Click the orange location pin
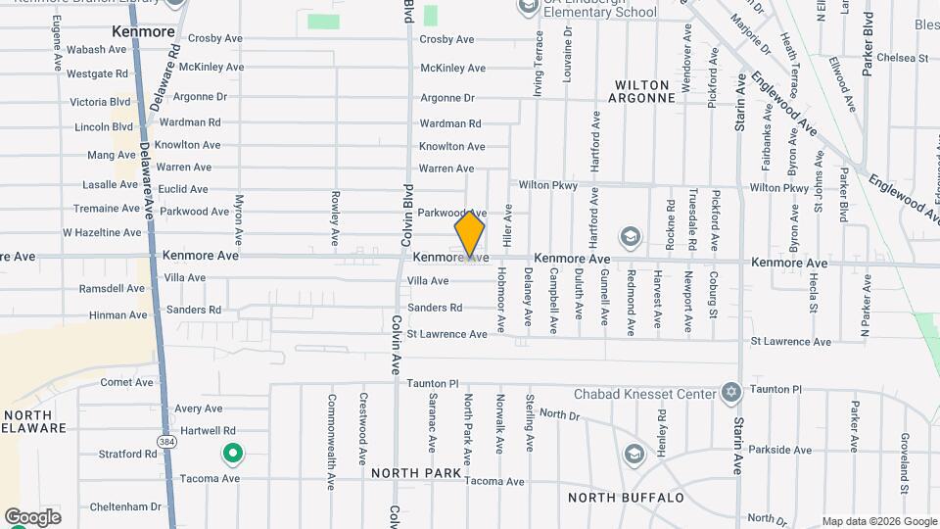470,232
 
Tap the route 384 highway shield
167,430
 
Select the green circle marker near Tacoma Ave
233,454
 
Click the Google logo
32,516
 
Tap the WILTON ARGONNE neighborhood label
641,91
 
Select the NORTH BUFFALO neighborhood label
626,498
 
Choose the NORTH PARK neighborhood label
416,473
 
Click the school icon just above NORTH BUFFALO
634,455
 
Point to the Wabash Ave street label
98,49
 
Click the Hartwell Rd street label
207,431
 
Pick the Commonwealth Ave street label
332,428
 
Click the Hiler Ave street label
508,224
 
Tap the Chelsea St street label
903,58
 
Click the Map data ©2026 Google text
878,521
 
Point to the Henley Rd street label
663,429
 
